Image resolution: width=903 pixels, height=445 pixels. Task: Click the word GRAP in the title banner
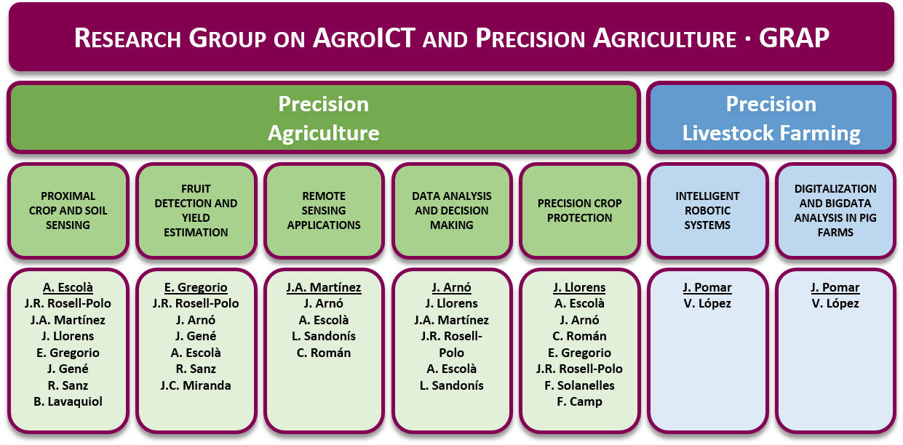[794, 38]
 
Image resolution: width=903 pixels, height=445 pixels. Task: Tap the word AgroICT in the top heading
[364, 38]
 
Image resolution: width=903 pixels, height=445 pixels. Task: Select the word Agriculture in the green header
[324, 133]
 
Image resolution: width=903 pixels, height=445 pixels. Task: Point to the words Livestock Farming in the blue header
[771, 133]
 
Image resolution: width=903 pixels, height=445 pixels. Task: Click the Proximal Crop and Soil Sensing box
[68, 211]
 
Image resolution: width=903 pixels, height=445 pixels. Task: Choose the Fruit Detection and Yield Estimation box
[196, 211]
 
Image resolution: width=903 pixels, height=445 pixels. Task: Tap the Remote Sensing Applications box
[324, 211]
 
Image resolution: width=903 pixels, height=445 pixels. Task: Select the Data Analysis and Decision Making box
[452, 211]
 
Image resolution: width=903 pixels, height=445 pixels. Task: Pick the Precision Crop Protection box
[580, 211]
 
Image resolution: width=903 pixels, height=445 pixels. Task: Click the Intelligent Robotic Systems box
[707, 211]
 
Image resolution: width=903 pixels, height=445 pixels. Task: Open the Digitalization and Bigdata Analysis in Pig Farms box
[835, 211]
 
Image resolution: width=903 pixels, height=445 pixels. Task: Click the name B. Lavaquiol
[68, 402]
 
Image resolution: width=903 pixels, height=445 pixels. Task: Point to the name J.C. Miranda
[196, 386]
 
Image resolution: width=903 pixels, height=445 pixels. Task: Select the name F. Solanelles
[580, 386]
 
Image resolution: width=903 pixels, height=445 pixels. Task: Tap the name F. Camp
[580, 402]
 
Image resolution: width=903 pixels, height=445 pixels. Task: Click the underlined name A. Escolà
[68, 287]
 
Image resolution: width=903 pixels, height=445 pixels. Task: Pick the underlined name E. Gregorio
[196, 287]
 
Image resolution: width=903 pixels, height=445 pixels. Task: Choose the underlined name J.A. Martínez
[324, 287]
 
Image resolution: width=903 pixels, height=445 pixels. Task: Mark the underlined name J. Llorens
[580, 287]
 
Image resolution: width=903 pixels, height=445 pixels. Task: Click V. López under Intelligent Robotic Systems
[707, 304]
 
